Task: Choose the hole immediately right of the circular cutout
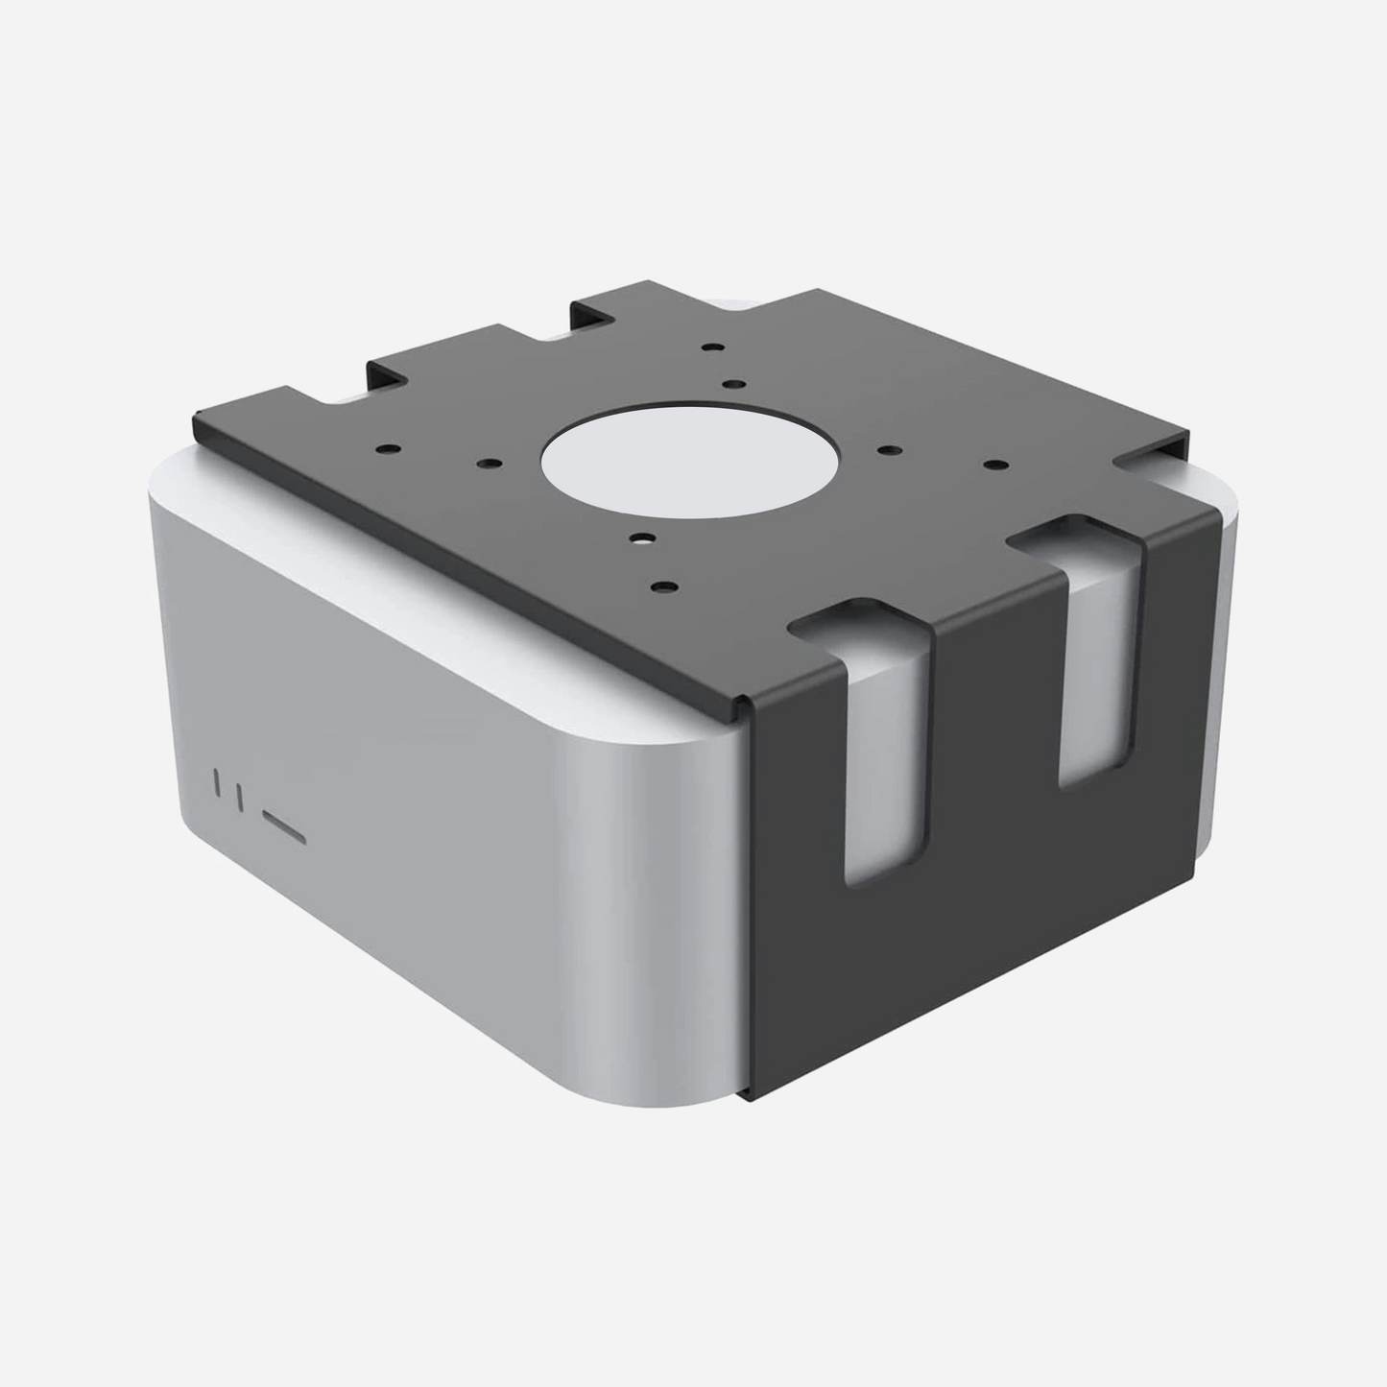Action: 885,449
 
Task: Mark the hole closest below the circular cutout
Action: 637,539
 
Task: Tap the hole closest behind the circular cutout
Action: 732,383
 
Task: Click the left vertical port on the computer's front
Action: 218,783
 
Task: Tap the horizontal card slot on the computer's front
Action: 285,825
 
